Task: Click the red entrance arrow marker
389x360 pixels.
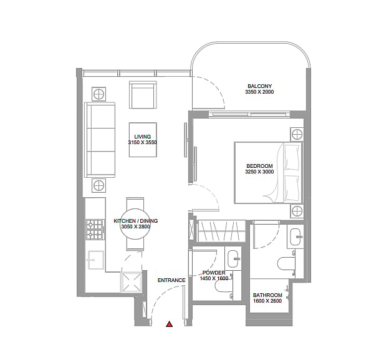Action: point(170,324)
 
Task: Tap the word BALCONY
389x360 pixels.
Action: point(259,86)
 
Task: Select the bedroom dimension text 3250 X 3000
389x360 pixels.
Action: point(259,172)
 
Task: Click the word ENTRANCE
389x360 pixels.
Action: point(171,280)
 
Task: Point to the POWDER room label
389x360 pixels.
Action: point(214,273)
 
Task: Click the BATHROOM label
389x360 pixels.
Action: point(267,295)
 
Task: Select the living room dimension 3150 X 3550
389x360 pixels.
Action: point(142,142)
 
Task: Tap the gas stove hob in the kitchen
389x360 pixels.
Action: point(95,230)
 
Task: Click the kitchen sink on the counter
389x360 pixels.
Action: point(95,260)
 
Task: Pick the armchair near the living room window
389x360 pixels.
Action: point(143,95)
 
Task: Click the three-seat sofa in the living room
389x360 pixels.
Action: point(100,140)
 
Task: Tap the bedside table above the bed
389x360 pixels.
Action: point(297,134)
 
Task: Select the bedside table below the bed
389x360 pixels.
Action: point(297,212)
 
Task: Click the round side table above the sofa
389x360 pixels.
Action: point(98,94)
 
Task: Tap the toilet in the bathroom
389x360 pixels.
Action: point(286,264)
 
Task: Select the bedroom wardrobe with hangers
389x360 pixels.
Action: point(221,231)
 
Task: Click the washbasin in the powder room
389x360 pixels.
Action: point(233,258)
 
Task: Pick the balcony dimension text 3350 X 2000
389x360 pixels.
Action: point(259,92)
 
